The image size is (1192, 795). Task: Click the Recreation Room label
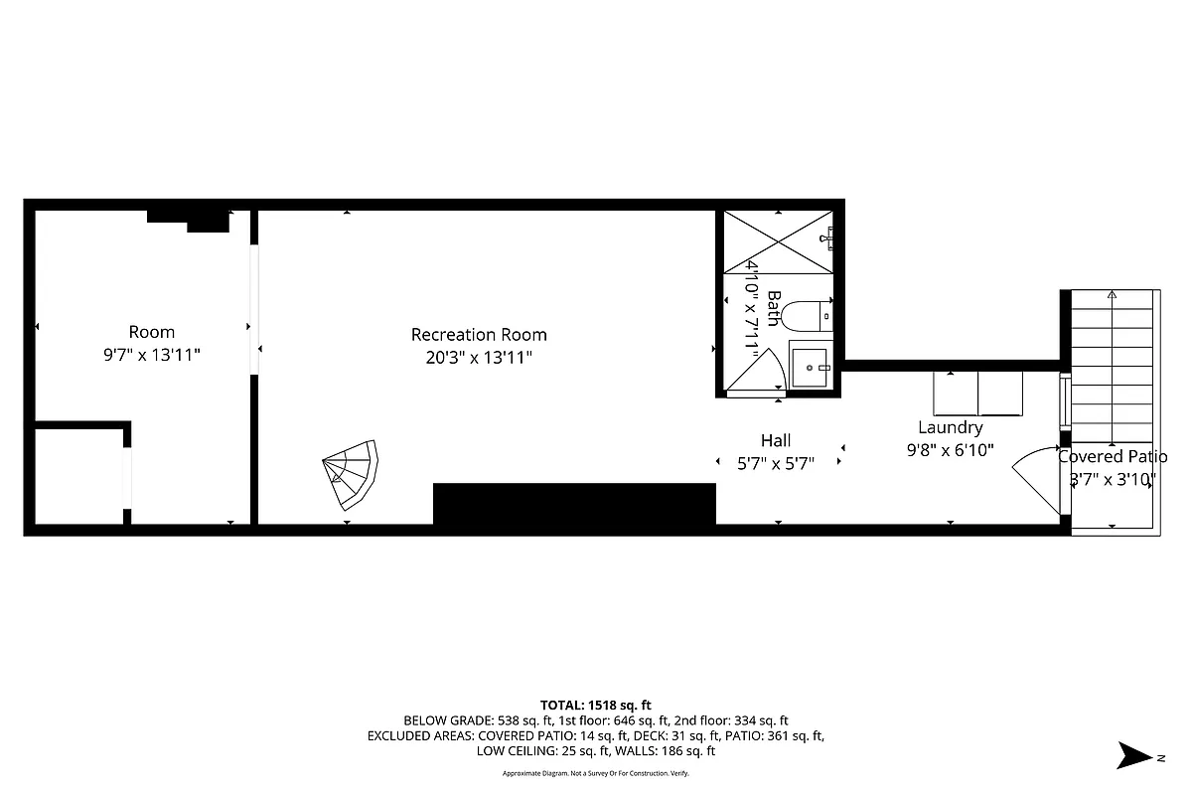tap(479, 335)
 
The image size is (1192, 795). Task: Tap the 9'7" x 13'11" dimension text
tap(152, 354)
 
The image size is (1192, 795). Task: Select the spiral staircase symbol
tap(351, 473)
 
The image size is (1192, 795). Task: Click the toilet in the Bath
tap(806, 317)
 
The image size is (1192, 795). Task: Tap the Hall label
tap(776, 440)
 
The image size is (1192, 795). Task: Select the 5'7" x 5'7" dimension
tap(776, 462)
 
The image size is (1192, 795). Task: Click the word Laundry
tap(950, 427)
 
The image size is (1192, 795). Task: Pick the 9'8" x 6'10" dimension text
tap(950, 450)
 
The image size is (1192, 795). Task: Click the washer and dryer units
tap(977, 394)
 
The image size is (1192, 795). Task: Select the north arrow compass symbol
tap(1132, 755)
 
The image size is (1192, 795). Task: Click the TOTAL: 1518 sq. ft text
tap(596, 705)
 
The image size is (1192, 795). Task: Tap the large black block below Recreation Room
tap(574, 504)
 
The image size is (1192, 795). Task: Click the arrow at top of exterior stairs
tap(1112, 295)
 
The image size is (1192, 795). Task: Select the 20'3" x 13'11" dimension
tap(479, 358)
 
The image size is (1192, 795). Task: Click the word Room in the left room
tap(152, 332)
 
